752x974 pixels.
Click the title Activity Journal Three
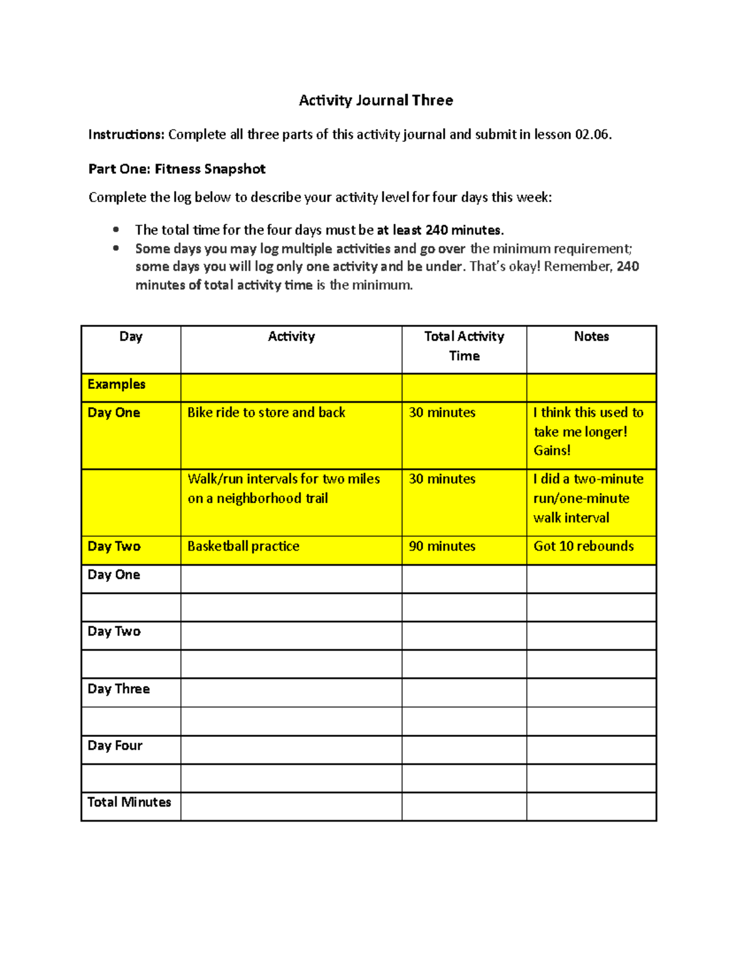375,100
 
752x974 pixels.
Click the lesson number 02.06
592,134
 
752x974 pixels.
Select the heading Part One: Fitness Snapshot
177,169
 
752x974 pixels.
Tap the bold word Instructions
126,134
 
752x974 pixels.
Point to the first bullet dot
116,230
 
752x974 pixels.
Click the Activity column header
291,337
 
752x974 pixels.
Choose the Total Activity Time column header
464,346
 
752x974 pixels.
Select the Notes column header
591,337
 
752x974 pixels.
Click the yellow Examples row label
117,384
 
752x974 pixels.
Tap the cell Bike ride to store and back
266,413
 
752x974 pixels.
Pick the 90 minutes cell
442,546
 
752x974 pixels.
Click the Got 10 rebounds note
583,546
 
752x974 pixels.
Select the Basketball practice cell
243,546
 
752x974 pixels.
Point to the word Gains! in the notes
552,450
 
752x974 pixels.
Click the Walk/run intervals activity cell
283,489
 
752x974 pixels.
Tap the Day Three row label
118,689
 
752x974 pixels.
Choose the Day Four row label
115,746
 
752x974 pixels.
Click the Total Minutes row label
129,802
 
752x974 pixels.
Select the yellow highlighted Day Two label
114,546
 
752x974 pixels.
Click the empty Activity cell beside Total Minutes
291,807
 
